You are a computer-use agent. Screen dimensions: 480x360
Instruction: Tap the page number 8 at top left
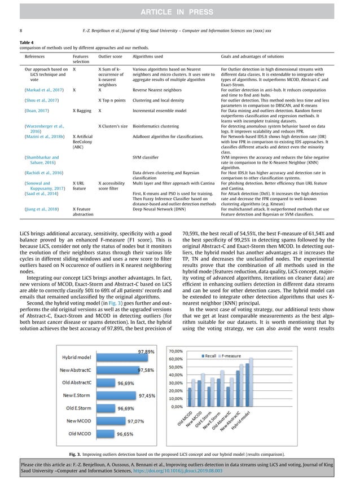click(21, 30)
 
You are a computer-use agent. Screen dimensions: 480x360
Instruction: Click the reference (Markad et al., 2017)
click(45, 89)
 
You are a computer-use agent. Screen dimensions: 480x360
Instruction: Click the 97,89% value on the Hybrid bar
click(146, 351)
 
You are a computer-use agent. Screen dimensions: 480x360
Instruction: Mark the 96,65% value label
click(125, 434)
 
